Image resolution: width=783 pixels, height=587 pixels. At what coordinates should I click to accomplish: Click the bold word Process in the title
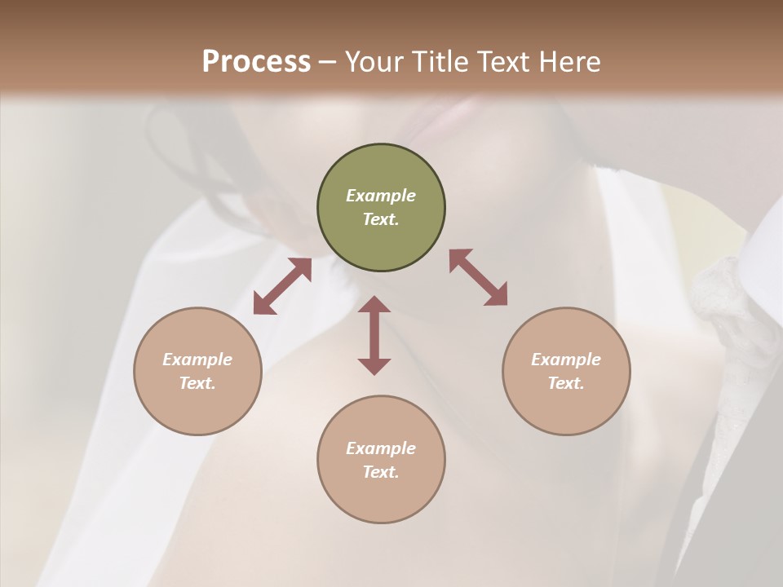[256, 62]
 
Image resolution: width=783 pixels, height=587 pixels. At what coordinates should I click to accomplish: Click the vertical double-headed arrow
[374, 336]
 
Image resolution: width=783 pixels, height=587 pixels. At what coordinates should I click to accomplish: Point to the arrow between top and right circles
[478, 277]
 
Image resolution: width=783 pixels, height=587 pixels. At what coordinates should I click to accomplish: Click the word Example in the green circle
[381, 196]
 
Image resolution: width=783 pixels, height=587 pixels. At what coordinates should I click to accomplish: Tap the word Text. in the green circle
[381, 219]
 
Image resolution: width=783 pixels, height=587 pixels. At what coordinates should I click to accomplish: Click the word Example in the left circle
[197, 360]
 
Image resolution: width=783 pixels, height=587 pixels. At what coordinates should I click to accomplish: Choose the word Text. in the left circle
[197, 383]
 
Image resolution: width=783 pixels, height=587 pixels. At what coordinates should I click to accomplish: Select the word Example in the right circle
[566, 360]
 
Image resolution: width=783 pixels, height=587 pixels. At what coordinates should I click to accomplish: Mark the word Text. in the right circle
[566, 383]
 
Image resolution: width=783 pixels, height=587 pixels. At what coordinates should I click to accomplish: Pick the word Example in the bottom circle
[381, 448]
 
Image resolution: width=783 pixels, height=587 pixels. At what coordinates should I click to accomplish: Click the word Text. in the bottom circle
[381, 472]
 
